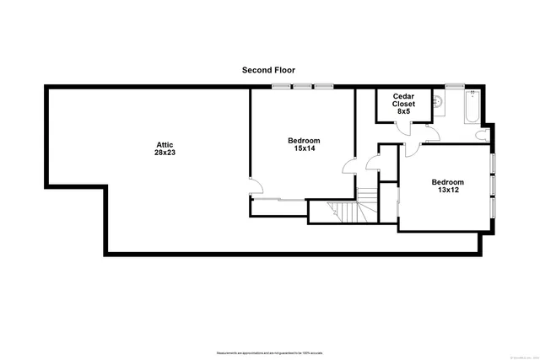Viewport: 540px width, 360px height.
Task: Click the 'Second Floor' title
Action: tap(269, 70)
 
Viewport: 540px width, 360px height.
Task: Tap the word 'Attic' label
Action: tap(165, 144)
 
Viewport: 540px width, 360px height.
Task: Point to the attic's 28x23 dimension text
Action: tap(165, 153)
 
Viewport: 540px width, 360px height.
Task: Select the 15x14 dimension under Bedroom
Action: tap(304, 148)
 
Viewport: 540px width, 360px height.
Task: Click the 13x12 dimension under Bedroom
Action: tap(447, 191)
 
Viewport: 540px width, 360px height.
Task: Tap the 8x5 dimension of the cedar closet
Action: tap(403, 111)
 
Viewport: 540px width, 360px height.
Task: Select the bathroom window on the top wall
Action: tap(456, 86)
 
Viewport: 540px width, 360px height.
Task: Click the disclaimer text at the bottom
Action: tap(269, 352)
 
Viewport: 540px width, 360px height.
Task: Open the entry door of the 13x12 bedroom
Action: tap(413, 151)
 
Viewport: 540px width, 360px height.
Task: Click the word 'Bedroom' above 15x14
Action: tap(304, 140)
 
